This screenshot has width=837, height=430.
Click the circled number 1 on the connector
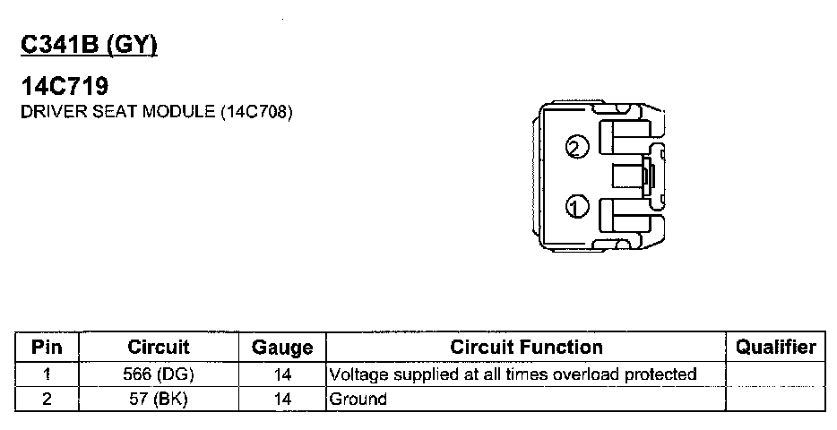coord(576,208)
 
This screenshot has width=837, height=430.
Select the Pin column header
coord(47,347)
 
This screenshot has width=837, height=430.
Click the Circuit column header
coord(159,347)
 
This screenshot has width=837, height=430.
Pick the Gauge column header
coord(281,348)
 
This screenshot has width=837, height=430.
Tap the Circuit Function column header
coord(526,347)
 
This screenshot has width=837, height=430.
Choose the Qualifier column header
coord(775,347)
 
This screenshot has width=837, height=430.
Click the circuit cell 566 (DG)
coord(159,374)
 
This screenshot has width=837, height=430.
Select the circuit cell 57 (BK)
coord(159,399)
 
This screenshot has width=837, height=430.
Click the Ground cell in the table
coord(358,399)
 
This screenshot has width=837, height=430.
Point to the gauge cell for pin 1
coord(281,374)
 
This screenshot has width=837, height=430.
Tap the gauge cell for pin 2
coord(281,399)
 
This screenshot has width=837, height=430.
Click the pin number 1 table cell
coord(47,374)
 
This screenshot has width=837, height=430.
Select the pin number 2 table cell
coord(47,399)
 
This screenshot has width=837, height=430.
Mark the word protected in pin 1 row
coord(661,374)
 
